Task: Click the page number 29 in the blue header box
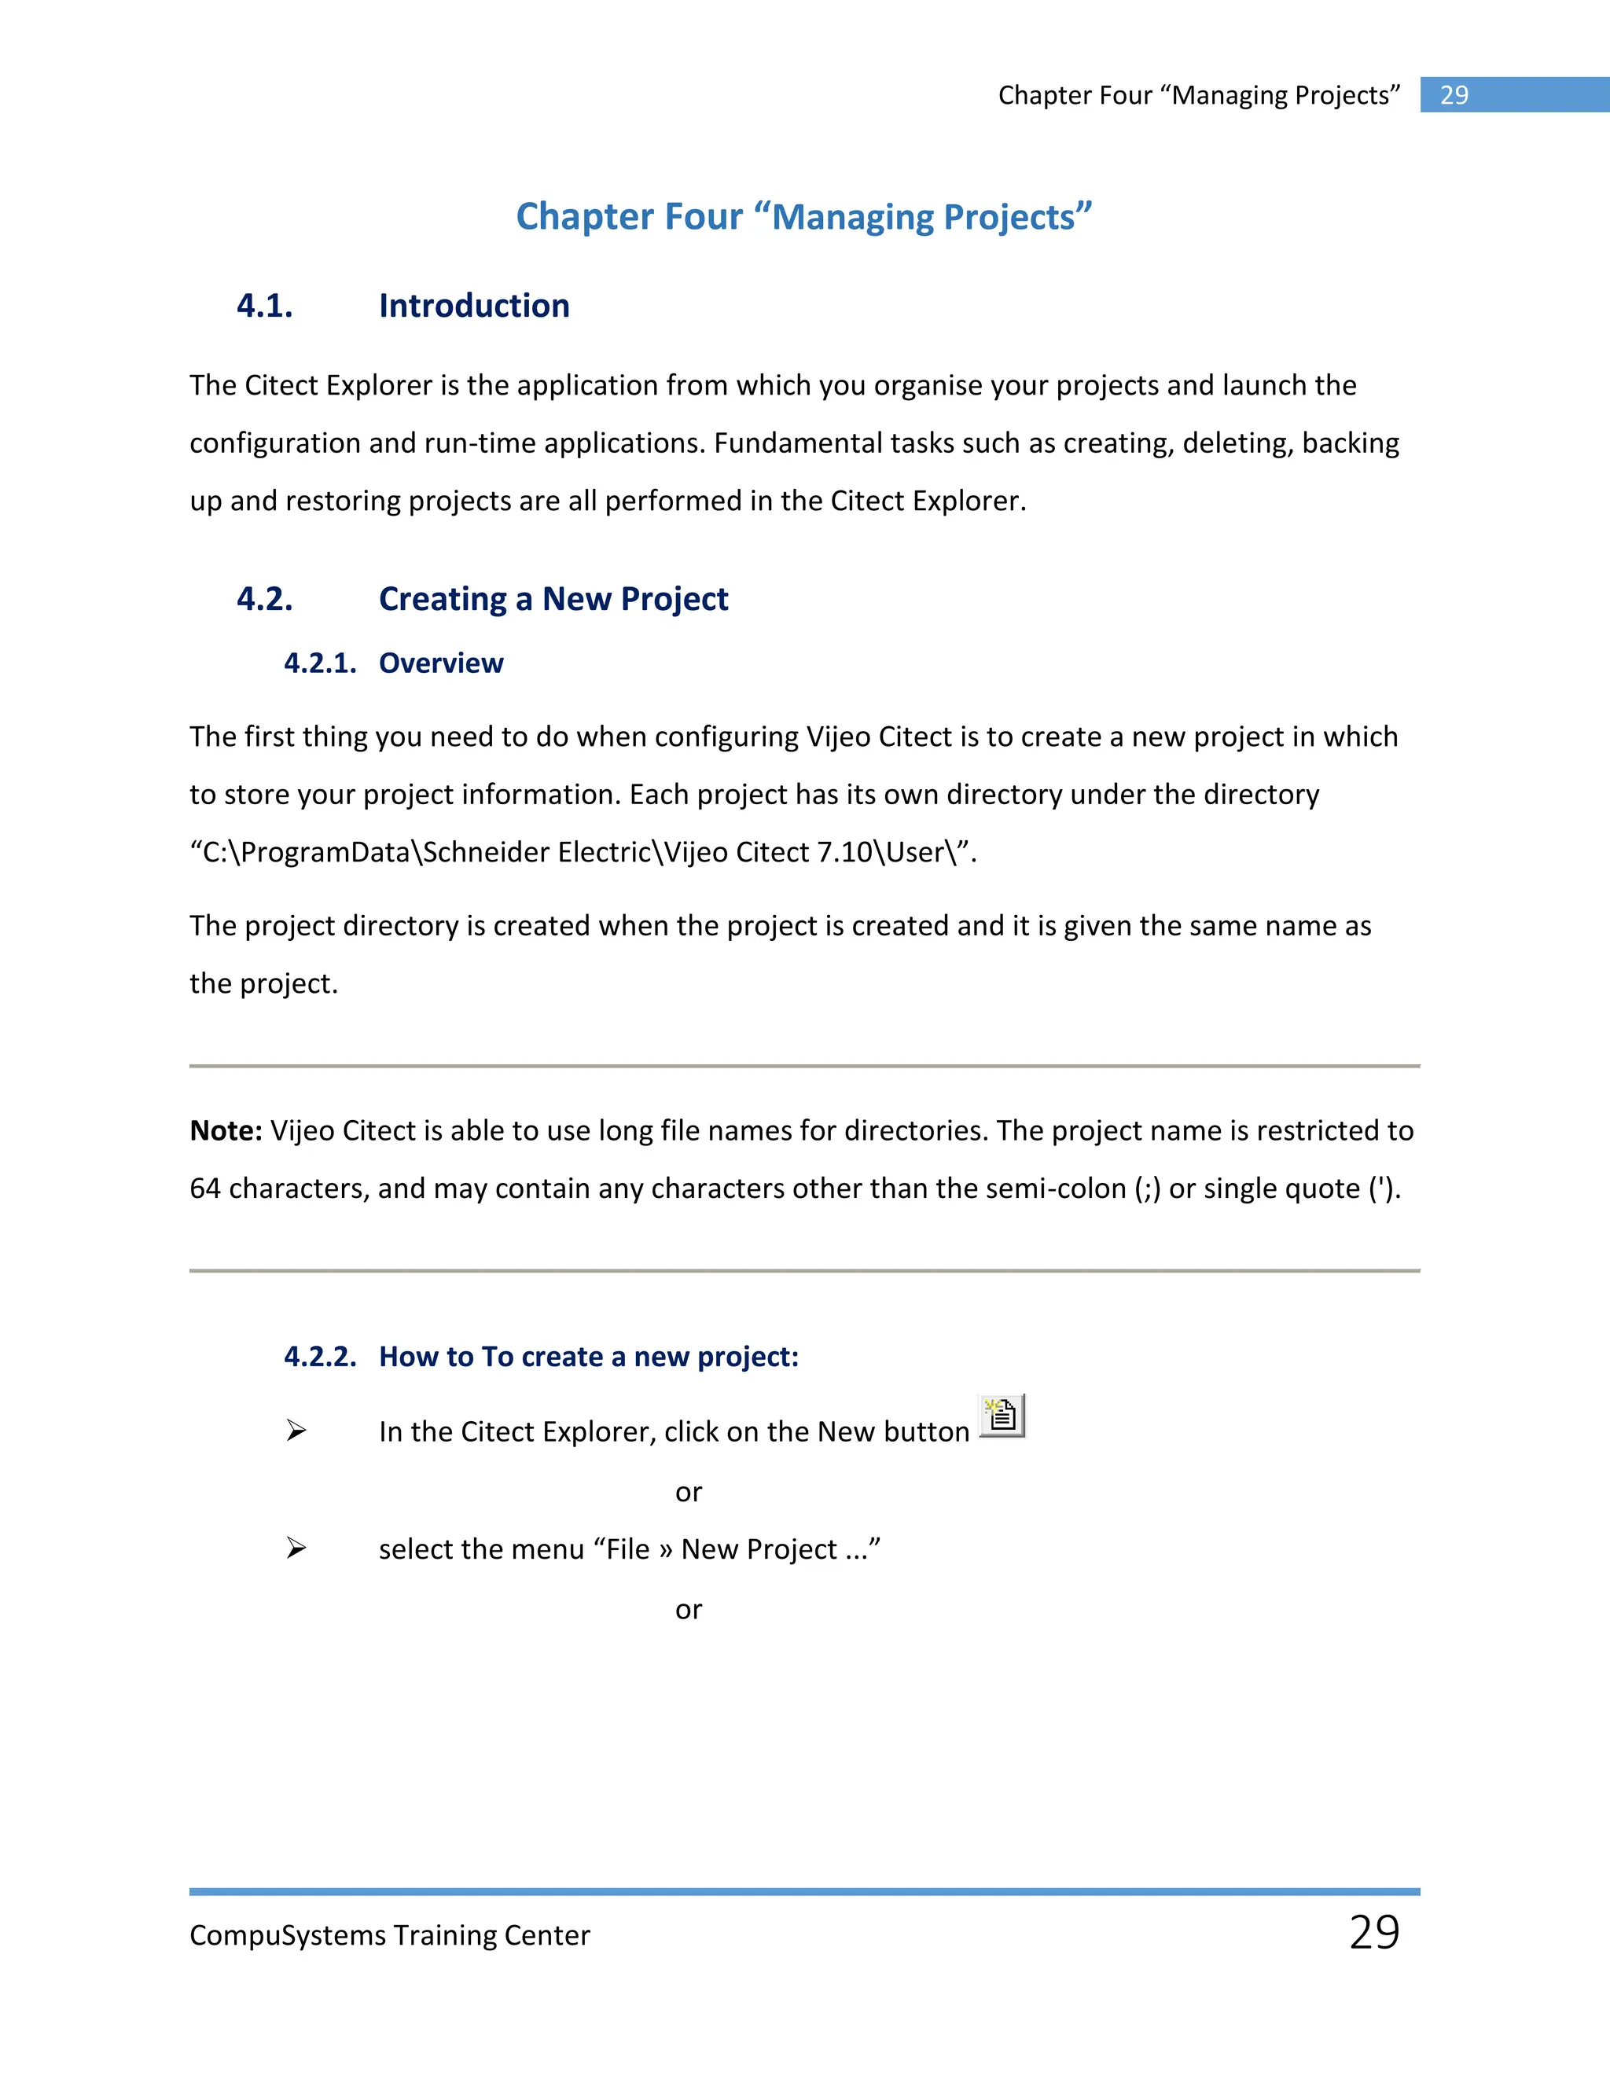tap(1454, 95)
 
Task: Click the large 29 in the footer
tap(1374, 1932)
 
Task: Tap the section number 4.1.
tap(264, 306)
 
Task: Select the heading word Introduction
tap(474, 306)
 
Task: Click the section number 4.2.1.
tap(319, 663)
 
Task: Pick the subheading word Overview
tap(441, 663)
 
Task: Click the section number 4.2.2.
tap(319, 1356)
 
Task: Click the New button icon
tap(1002, 1416)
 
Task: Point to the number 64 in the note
tap(205, 1188)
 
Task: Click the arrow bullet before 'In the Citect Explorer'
tap(296, 1431)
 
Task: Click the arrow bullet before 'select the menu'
tap(296, 1548)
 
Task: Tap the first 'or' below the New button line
tap(688, 1493)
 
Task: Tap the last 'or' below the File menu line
tap(688, 1610)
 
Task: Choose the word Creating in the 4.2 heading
tap(443, 599)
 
